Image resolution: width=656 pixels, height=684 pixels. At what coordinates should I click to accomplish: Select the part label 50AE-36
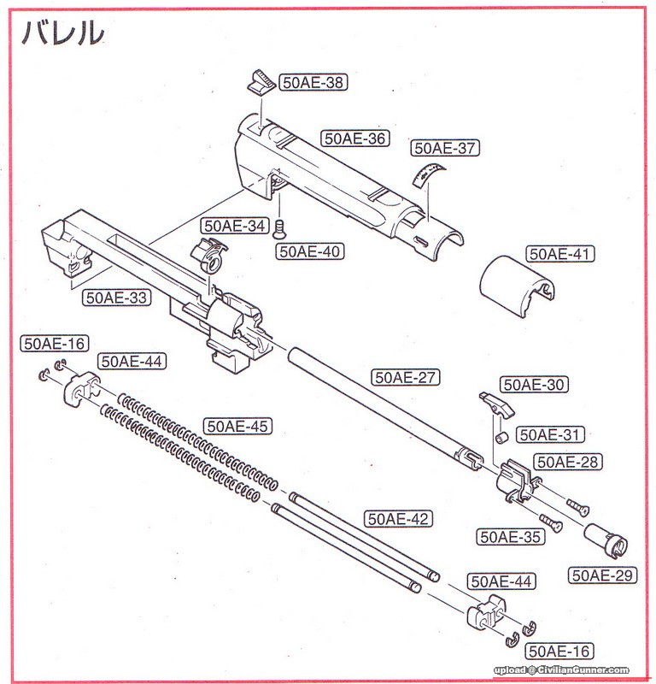[x=354, y=138]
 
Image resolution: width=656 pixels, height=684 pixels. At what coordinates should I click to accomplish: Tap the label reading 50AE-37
[x=444, y=148]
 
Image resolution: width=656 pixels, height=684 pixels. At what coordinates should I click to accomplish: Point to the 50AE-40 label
[x=309, y=251]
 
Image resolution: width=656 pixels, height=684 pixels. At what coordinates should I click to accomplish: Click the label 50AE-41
[x=559, y=254]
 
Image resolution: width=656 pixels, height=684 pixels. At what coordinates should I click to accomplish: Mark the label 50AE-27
[x=404, y=376]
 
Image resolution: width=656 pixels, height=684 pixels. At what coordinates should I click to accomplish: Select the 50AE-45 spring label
[x=237, y=426]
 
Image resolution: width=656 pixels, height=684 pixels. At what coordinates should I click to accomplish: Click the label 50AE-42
[x=398, y=519]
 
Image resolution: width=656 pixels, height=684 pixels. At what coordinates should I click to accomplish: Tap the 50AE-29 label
[x=603, y=575]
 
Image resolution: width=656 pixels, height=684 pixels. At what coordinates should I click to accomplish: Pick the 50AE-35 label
[x=511, y=537]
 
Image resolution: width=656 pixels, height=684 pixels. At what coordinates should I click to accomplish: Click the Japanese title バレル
[x=61, y=32]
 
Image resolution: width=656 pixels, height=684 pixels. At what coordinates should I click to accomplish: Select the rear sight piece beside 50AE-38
[x=258, y=82]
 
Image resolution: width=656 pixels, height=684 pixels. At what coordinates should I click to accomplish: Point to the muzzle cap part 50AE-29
[x=605, y=540]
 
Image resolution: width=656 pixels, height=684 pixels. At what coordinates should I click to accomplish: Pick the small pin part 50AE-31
[x=503, y=438]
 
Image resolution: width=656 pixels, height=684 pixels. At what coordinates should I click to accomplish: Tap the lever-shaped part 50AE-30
[x=495, y=401]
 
